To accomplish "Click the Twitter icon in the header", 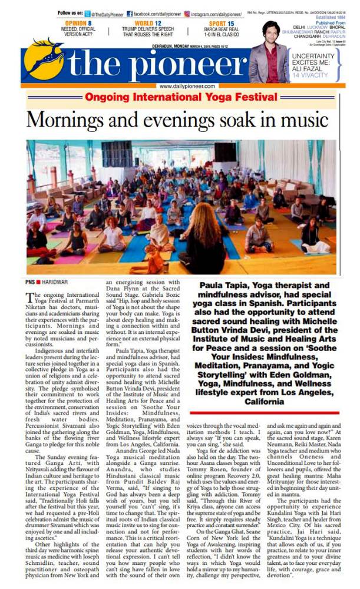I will [x=88, y=13].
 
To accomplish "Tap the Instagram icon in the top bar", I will [x=187, y=13].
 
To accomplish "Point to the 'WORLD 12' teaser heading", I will [x=149, y=23].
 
